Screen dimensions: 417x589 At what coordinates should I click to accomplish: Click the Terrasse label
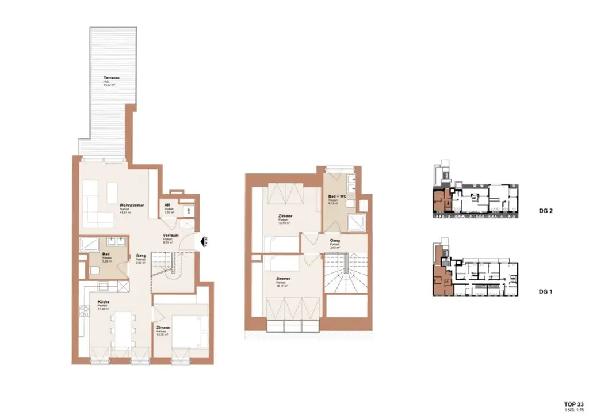[x=111, y=78]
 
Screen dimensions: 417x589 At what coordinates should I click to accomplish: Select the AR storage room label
[x=166, y=204]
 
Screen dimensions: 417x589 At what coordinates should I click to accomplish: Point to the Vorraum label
[x=171, y=236]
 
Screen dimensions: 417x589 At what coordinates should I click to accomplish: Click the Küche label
[x=104, y=301]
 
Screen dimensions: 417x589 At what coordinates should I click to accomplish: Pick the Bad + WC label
[x=337, y=196]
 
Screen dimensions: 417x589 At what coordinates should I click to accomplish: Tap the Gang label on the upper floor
[x=334, y=241]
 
